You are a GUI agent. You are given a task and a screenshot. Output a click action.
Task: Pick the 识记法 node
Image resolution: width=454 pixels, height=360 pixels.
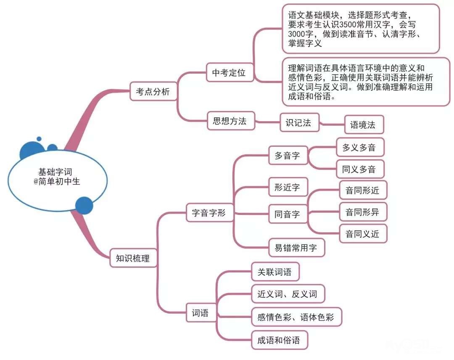[299, 123]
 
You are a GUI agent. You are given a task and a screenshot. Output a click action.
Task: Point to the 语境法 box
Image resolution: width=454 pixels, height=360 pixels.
[363, 125]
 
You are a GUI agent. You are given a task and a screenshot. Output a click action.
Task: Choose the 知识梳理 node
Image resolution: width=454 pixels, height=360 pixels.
[132, 258]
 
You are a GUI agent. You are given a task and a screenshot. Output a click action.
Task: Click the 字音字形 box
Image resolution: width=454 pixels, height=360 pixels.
[209, 213]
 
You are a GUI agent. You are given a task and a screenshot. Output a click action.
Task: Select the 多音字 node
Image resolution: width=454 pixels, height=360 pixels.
[288, 156]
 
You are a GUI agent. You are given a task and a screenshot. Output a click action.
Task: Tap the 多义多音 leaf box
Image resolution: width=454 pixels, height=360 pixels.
[360, 148]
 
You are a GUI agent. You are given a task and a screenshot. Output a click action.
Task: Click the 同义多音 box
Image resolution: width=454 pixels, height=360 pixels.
[360, 169]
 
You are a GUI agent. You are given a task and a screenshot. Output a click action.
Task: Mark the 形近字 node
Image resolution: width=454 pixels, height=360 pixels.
[288, 188]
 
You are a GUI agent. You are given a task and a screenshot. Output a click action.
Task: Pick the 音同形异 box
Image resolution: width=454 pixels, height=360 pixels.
[362, 212]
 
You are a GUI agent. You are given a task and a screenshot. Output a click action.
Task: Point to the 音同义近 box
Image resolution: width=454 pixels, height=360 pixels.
[362, 234]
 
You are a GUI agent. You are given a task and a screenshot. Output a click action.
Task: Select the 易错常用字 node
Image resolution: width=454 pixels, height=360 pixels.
[297, 248]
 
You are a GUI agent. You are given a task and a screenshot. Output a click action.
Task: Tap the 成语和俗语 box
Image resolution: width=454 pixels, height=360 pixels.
[279, 340]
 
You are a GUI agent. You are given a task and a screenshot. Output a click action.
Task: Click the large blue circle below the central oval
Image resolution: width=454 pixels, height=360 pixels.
[84, 205]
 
